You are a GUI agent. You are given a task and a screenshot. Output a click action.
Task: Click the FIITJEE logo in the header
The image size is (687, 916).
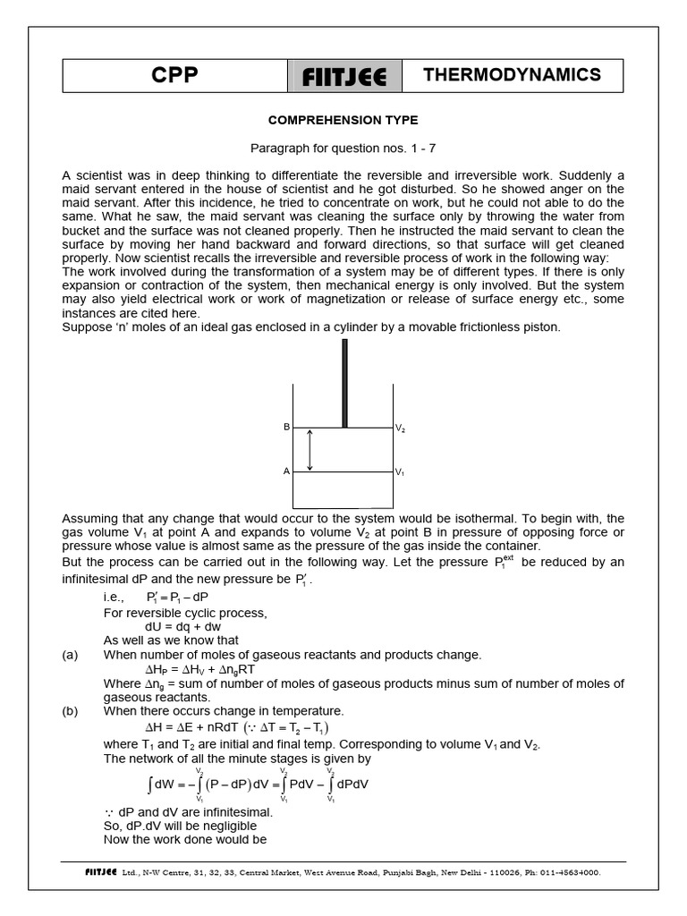coord(343,77)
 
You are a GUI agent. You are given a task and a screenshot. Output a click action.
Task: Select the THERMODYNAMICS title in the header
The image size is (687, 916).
coord(512,76)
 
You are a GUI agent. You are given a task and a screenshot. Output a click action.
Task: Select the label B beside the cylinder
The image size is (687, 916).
coord(287,428)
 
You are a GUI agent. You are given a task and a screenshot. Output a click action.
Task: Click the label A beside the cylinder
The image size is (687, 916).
coord(287,471)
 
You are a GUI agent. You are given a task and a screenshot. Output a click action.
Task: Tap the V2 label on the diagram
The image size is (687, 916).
coord(401,428)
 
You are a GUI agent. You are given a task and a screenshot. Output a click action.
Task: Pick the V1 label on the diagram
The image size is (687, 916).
coord(401,472)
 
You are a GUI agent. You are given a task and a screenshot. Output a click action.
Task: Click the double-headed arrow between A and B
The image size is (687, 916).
coord(310,450)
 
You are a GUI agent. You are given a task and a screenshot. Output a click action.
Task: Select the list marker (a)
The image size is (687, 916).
coord(71,655)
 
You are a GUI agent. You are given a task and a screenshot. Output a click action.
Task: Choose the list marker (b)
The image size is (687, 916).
coord(71,711)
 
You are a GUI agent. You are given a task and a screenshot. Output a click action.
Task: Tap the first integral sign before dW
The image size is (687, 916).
coord(149,785)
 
